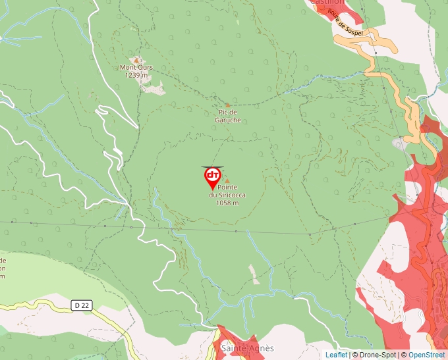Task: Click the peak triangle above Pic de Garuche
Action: pyautogui.click(x=228, y=105)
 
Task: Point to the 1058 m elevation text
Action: pyautogui.click(x=227, y=203)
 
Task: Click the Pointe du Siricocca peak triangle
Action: pyautogui.click(x=228, y=180)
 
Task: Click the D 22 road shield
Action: pyautogui.click(x=81, y=305)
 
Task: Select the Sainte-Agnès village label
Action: pyautogui.click(x=247, y=348)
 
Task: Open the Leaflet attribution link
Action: pyautogui.click(x=336, y=355)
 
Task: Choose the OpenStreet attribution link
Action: pyautogui.click(x=427, y=355)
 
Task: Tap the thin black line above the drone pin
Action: pyautogui.click(x=213, y=167)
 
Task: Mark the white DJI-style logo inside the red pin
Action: pyautogui.click(x=213, y=175)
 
